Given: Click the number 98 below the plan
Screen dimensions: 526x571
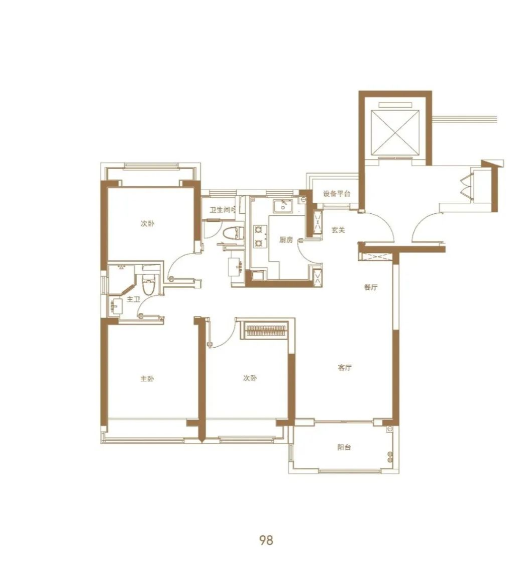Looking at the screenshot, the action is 266,540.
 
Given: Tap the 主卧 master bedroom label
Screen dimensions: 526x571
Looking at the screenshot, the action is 147,379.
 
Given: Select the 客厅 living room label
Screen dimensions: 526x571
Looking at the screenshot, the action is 345,367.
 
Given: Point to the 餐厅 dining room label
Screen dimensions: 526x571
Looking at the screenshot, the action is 371,287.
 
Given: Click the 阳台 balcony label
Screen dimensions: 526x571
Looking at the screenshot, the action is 344,447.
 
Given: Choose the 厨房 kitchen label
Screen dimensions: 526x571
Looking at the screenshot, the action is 286,239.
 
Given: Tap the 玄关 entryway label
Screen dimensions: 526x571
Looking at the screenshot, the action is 338,230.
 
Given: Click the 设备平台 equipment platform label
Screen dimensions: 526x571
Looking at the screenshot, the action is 337,193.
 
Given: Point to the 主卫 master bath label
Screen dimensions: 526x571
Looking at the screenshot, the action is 134,299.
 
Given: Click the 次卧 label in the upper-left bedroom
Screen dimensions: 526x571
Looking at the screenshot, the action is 147,223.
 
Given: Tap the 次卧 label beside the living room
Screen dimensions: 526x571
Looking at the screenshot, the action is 250,378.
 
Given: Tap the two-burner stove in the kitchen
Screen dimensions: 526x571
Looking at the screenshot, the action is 259,236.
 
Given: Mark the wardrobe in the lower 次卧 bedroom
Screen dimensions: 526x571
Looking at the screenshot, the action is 265,331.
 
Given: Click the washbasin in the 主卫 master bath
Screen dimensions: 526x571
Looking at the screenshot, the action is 116,306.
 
